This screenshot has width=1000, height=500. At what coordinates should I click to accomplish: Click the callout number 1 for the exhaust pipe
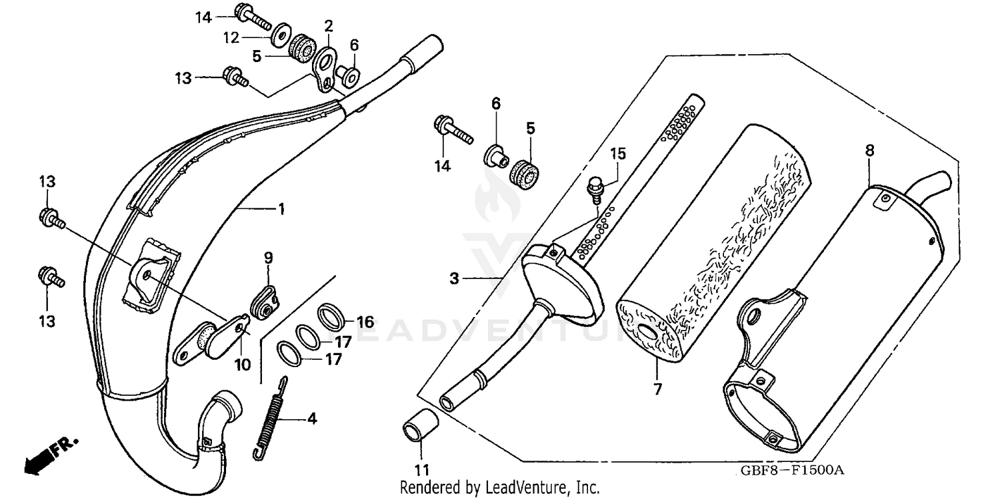281,210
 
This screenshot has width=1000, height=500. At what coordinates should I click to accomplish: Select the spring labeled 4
269,417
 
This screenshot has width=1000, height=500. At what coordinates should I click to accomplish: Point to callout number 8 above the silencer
869,151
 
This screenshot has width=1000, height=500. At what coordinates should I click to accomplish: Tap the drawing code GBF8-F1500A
792,470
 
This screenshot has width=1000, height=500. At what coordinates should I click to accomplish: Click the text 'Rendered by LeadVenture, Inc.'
499,487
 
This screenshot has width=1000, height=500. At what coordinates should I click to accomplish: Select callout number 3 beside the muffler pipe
454,278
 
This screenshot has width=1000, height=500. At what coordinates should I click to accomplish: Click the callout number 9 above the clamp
268,258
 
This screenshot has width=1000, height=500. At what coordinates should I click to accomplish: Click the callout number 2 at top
328,26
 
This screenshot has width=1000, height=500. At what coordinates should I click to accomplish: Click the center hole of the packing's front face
646,333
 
